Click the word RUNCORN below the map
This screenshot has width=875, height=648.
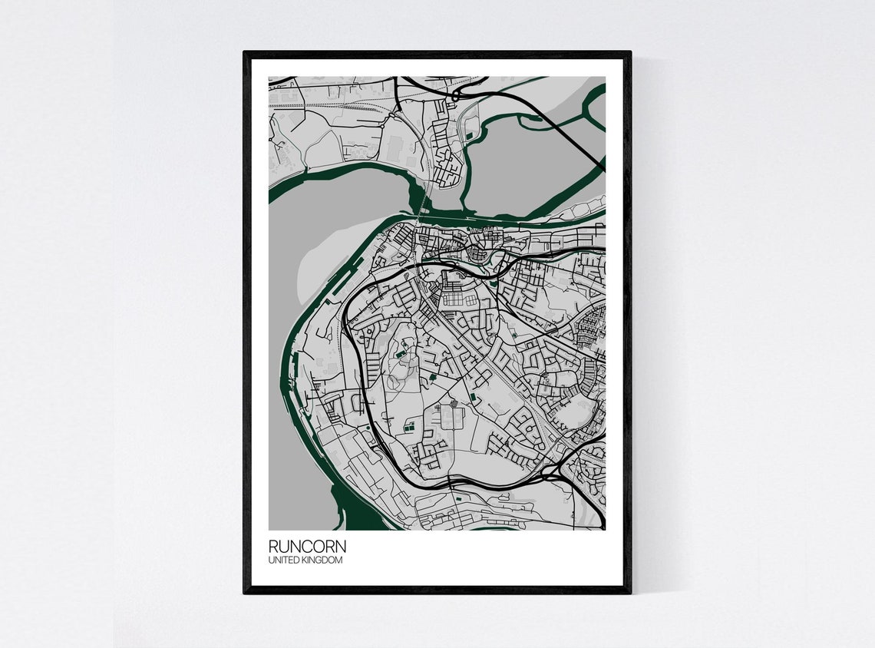(307, 547)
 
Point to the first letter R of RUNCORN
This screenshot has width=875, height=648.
(273, 547)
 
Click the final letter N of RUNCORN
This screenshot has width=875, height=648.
(341, 547)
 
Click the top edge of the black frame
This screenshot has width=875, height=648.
(438, 55)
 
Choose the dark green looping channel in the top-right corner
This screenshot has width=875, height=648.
(591, 107)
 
